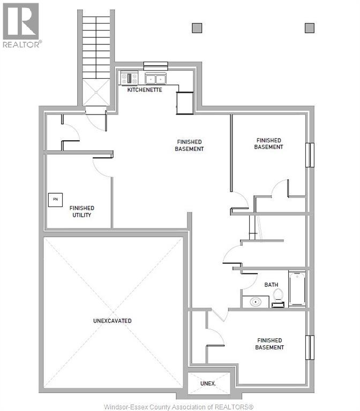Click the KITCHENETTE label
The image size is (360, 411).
pos(145,90)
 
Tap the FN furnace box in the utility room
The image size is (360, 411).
pos(55,200)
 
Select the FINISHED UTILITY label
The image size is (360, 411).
pos(82,211)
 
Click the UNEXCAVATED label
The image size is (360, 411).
pos(112,321)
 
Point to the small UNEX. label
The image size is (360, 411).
pos(208,384)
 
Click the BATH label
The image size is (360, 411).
pos(271,285)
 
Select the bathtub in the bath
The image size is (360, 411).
pos(297,290)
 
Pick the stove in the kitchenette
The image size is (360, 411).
pos(129,78)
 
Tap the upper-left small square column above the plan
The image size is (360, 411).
pos(197,28)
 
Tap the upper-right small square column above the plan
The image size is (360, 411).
pos(309,28)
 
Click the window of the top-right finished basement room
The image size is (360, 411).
pos(309,155)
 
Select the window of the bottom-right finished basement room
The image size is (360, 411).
pos(309,347)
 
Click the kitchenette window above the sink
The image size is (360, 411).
pos(155,66)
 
